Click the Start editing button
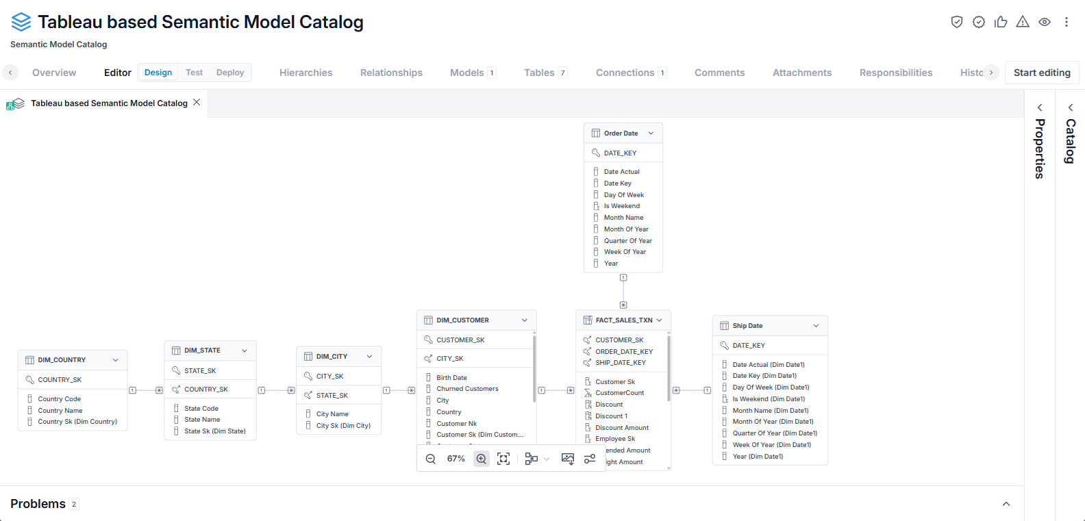(x=1042, y=73)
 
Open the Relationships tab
(x=391, y=73)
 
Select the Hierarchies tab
(x=305, y=73)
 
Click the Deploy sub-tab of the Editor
(x=230, y=72)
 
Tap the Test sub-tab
(x=195, y=72)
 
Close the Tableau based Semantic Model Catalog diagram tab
(x=197, y=102)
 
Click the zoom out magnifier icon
(x=431, y=459)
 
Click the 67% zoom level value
(x=456, y=459)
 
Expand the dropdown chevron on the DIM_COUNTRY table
(x=115, y=359)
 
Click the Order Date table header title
(x=621, y=133)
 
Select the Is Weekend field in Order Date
(x=621, y=206)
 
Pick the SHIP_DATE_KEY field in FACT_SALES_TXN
(x=621, y=363)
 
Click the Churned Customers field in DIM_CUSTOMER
(x=467, y=389)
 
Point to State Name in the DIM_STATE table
(x=202, y=420)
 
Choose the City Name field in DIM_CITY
(x=332, y=414)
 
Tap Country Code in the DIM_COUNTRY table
(x=59, y=399)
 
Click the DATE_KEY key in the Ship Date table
(x=749, y=345)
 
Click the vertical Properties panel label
(x=1040, y=148)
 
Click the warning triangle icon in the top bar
(x=1023, y=22)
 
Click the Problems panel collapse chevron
(x=1006, y=504)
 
